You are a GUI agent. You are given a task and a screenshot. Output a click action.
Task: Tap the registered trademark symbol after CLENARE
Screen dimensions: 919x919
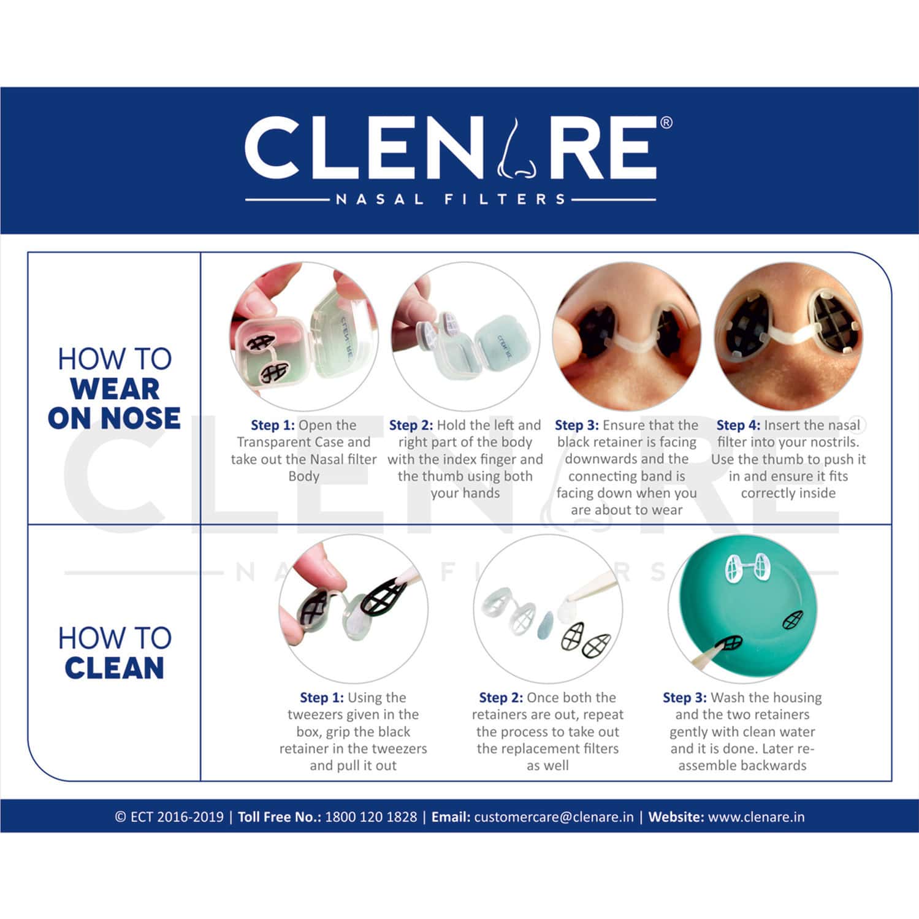click(x=666, y=123)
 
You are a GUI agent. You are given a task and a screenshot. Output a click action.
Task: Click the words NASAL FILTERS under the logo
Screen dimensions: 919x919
click(x=451, y=199)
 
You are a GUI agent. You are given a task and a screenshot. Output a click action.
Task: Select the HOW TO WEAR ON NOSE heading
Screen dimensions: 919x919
click(x=115, y=389)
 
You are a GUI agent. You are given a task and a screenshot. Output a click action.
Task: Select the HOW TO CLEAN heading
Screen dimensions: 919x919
click(x=115, y=653)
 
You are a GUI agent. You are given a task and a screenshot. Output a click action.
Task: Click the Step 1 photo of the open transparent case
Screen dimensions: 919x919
click(x=303, y=337)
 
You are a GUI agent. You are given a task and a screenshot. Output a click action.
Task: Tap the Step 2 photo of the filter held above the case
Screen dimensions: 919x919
click(x=465, y=337)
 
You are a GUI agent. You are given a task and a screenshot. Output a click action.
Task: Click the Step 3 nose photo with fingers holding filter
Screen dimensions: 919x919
click(x=626, y=337)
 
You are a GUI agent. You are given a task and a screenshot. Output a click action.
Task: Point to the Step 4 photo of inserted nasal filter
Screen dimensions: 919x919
click(x=788, y=337)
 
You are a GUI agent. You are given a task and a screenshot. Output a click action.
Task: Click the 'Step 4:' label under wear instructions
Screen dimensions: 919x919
click(x=738, y=425)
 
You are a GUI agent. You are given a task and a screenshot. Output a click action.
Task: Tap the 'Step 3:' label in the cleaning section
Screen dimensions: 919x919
click(x=684, y=697)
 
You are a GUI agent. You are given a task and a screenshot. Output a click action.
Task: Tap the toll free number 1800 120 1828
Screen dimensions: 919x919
click(x=371, y=817)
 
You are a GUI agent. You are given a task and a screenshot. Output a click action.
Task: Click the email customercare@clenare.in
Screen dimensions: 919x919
click(x=553, y=817)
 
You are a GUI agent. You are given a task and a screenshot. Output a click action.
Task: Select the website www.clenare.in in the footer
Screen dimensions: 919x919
click(x=756, y=817)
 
